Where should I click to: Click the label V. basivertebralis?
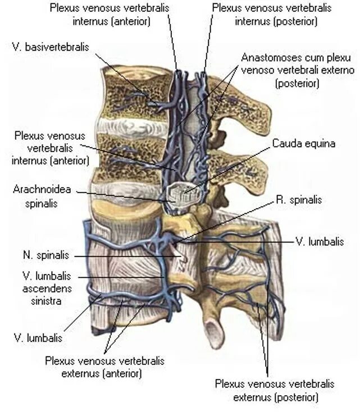(49, 48)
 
